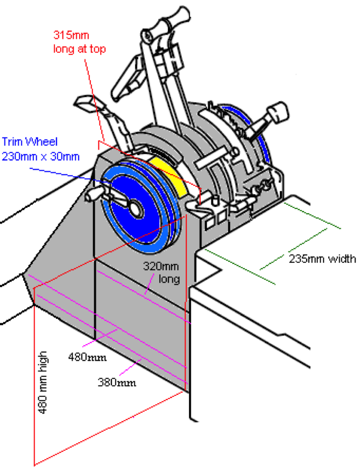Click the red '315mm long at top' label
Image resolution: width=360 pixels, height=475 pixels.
point(80,41)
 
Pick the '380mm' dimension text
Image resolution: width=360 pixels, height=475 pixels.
point(117,383)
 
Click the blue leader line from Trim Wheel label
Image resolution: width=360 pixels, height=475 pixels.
point(67,173)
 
